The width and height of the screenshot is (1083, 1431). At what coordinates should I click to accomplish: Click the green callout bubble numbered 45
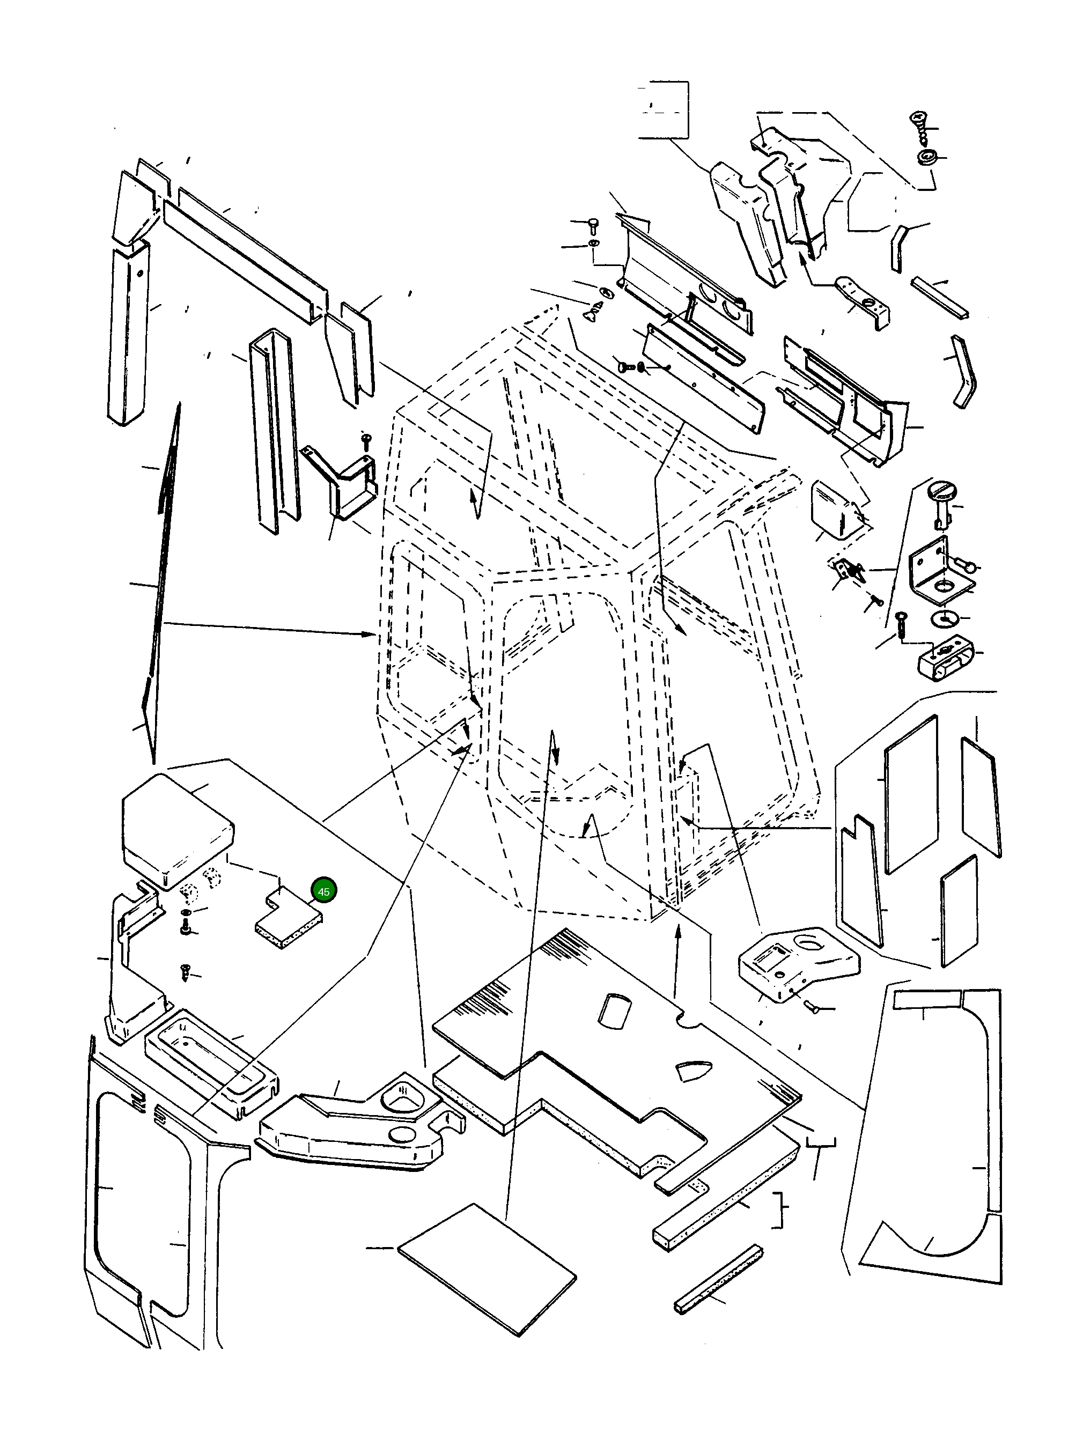[323, 891]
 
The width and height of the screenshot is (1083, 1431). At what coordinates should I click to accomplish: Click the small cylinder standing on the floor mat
[612, 1010]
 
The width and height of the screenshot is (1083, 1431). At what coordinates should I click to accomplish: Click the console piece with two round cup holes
[362, 1132]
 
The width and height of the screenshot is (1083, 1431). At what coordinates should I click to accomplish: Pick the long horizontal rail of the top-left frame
[246, 259]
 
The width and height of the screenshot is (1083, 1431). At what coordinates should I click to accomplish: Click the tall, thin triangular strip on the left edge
[162, 582]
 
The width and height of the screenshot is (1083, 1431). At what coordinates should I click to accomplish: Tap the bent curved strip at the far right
[964, 372]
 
